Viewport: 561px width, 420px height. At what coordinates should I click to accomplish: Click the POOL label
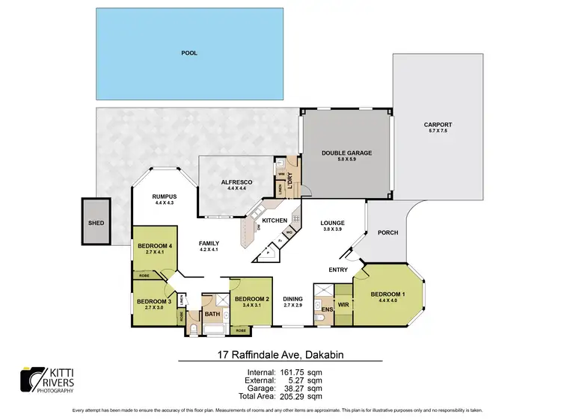[188, 54]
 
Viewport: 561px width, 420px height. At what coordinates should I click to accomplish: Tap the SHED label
[96, 223]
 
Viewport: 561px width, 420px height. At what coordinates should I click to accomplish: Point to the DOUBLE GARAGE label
[346, 152]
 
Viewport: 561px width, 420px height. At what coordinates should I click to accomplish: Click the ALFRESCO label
[237, 182]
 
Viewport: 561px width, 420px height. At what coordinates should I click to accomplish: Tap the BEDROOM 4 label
[155, 246]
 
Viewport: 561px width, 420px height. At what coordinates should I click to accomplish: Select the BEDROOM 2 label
[251, 300]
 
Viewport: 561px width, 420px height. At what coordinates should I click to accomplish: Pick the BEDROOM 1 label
[387, 294]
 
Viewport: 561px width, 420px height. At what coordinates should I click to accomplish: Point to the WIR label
[343, 305]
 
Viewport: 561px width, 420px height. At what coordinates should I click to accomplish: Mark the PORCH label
[387, 232]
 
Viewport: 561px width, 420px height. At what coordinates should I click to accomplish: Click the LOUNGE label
[331, 223]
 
